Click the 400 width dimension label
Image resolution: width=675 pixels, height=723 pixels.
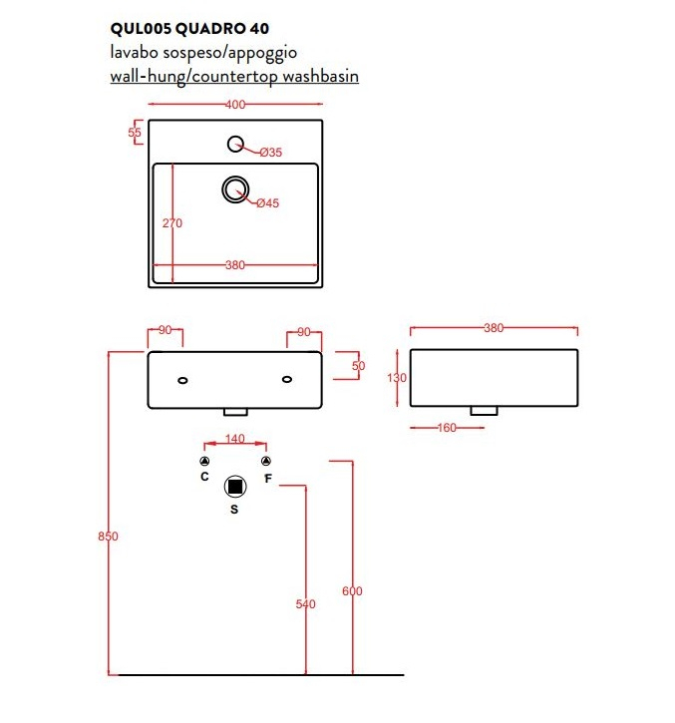click(x=235, y=105)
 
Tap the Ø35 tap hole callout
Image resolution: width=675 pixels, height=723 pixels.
click(x=270, y=153)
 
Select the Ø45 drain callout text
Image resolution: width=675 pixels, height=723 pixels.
click(x=268, y=202)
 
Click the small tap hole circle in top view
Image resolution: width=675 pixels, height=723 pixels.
click(x=235, y=144)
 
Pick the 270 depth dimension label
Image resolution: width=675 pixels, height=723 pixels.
click(x=172, y=223)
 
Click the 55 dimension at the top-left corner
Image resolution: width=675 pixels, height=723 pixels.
click(x=135, y=133)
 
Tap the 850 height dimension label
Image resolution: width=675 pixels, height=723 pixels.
click(x=108, y=537)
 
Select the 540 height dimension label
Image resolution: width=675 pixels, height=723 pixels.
click(x=306, y=604)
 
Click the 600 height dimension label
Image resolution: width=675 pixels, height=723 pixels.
click(x=352, y=591)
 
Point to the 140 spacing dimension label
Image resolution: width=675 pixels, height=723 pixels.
click(x=234, y=439)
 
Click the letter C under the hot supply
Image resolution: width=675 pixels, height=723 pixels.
click(x=204, y=477)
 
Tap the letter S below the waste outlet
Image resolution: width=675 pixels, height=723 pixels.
click(x=234, y=509)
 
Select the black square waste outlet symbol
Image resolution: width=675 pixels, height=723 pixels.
click(x=235, y=487)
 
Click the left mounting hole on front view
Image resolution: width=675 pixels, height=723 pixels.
click(x=182, y=380)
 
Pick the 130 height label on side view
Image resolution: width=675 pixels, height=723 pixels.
click(x=397, y=378)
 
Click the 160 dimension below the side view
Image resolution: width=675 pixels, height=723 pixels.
click(x=447, y=428)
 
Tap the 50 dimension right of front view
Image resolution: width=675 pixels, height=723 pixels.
click(x=358, y=366)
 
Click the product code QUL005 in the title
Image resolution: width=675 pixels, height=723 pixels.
click(x=142, y=29)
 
